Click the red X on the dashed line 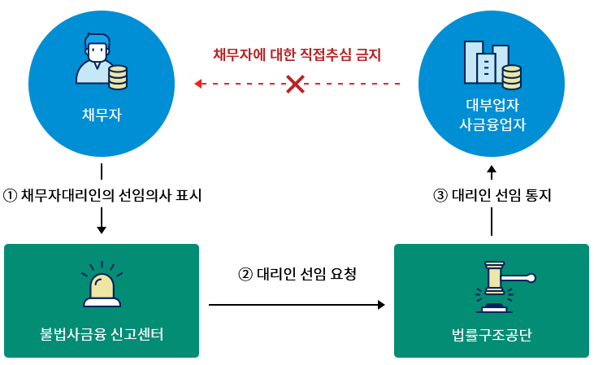pos(295,83)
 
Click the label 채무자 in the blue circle pos(102,114)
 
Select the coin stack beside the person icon pos(118,77)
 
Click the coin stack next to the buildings pos(512,77)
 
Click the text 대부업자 pos(492,106)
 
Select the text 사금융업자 pos(492,125)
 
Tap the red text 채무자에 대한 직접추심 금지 pos(297,55)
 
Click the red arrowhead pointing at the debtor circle pos(198,83)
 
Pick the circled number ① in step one pos(10,195)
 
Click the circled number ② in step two pos(245,274)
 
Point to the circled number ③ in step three pos(440,195)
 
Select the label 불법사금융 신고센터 pos(102,334)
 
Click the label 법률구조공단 pos(492,334)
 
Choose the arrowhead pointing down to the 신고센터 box pos(102,229)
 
